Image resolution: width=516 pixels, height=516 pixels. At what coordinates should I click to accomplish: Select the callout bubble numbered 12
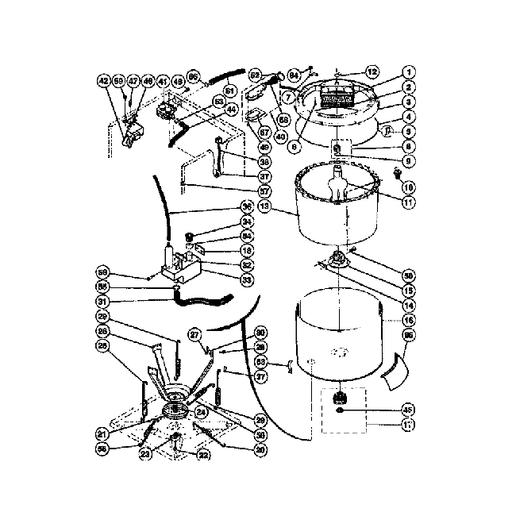[x=372, y=72]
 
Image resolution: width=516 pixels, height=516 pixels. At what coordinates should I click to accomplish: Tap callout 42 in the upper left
[x=102, y=81]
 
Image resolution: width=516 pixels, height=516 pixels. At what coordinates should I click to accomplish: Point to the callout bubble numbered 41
[x=162, y=81]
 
